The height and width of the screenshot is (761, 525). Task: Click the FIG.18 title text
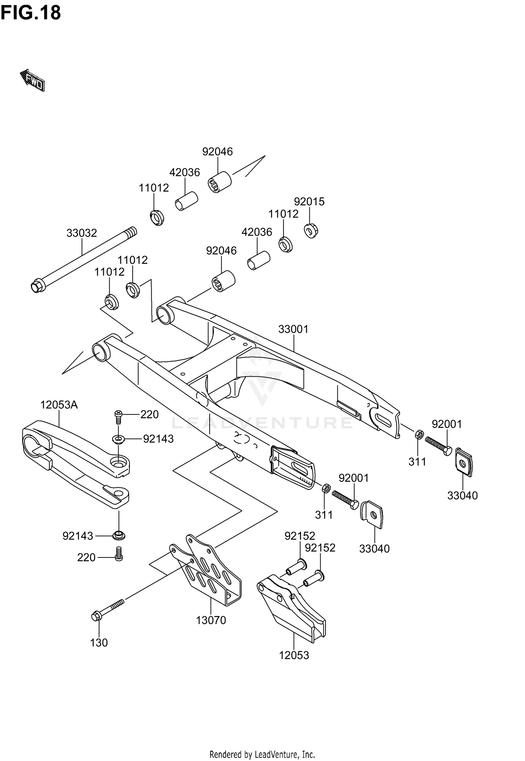(31, 13)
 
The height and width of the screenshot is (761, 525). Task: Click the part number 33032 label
(82, 233)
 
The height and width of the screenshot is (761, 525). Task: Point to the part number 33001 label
(293, 329)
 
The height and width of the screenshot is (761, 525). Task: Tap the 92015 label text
(309, 201)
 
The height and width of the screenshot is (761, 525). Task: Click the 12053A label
(59, 405)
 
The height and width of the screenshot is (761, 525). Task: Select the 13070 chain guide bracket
(210, 575)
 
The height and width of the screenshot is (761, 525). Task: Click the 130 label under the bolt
(99, 643)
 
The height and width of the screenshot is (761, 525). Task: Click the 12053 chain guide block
(292, 610)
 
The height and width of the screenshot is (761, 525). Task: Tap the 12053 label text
(294, 655)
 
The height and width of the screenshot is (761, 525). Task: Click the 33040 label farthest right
(462, 495)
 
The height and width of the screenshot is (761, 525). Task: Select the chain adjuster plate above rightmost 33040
(464, 462)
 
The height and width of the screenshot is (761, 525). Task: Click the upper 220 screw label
(149, 414)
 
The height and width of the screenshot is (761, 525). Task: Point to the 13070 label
(211, 620)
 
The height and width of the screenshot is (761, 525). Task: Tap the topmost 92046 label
(217, 151)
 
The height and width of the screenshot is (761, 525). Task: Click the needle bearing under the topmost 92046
(220, 182)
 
